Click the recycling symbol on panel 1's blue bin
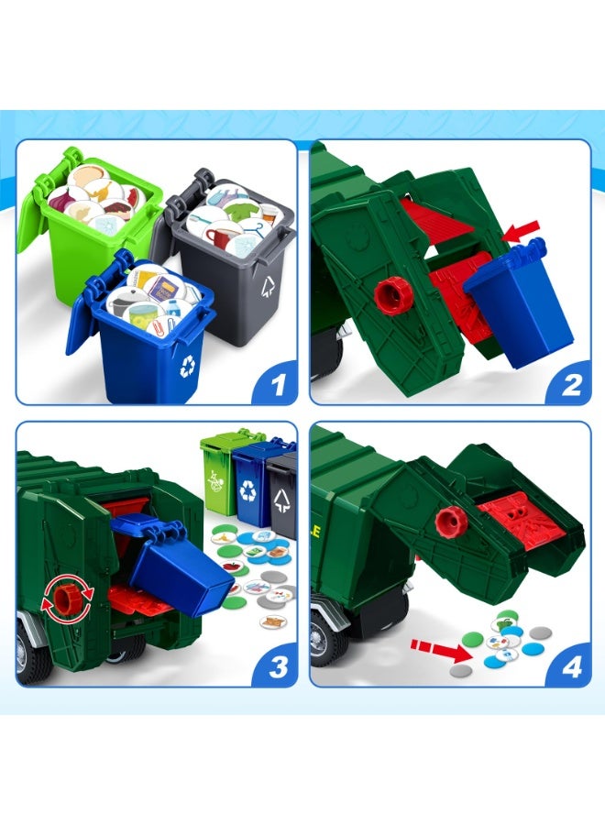[x=188, y=366]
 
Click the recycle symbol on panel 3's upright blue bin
[x=248, y=490]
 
